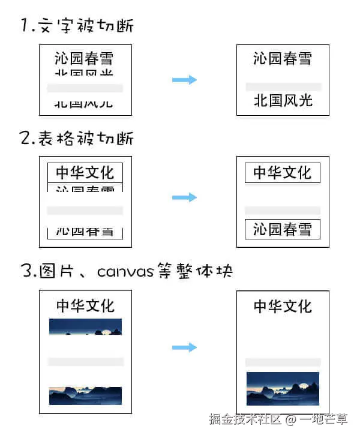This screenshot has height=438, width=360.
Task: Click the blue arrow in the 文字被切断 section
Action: click(184, 80)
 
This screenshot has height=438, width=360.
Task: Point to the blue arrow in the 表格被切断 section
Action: click(184, 197)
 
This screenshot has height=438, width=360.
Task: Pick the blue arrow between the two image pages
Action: click(184, 347)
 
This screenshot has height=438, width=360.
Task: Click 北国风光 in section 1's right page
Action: click(283, 100)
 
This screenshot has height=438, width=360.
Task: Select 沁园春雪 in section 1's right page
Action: click(283, 59)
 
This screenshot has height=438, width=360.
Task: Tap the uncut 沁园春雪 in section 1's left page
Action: click(84, 58)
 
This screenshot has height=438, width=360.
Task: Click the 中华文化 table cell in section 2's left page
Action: click(85, 173)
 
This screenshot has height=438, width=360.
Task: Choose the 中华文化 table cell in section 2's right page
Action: click(283, 173)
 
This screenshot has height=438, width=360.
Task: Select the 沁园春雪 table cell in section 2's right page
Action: click(283, 230)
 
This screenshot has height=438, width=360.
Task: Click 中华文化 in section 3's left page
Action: click(85, 305)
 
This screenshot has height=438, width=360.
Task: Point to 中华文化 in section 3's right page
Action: click(283, 306)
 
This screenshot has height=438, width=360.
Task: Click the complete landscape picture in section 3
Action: click(283, 388)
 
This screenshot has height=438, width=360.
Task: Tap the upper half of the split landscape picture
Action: click(85, 326)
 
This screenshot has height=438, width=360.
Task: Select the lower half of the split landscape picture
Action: click(85, 395)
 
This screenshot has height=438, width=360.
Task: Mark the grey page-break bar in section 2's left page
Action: click(85, 211)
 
